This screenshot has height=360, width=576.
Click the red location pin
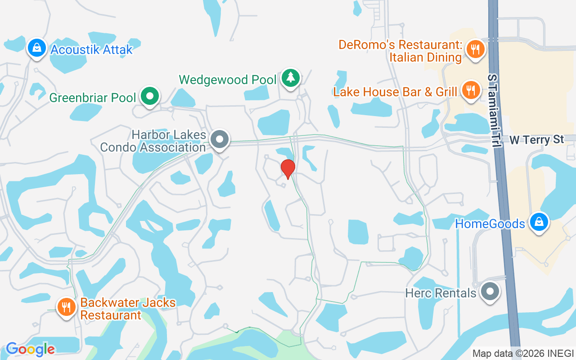(288, 169)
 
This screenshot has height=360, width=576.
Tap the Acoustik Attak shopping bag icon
(37, 48)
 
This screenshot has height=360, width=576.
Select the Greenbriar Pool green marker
(149, 96)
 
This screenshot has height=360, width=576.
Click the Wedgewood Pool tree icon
(291, 78)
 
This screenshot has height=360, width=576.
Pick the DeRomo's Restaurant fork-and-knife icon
(474, 48)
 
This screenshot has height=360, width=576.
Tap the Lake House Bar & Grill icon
(470, 90)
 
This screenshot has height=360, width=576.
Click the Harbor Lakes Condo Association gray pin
(220, 139)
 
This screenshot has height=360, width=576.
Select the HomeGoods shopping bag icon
(538, 222)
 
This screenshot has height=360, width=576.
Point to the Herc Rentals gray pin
(489, 292)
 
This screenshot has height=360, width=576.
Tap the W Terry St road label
(536, 140)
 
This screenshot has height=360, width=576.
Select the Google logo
(30, 349)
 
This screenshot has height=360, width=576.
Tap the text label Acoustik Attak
(92, 49)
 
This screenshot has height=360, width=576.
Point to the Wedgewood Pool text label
(227, 80)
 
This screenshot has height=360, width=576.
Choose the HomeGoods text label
(490, 224)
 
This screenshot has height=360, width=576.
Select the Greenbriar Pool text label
(92, 98)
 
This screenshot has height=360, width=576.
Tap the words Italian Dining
(425, 57)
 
